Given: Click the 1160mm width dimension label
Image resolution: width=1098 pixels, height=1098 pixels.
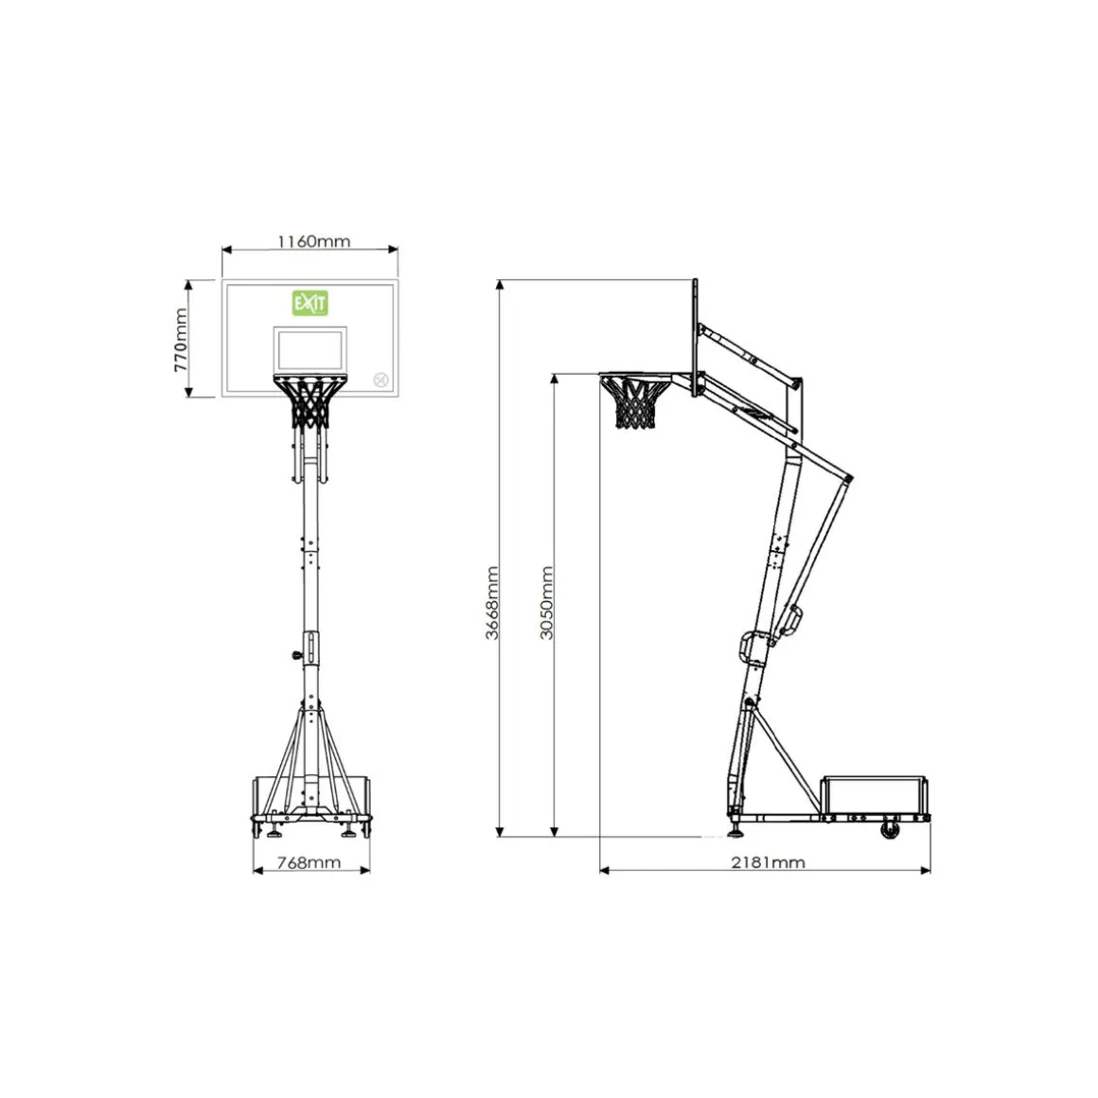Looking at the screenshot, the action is [x=313, y=242].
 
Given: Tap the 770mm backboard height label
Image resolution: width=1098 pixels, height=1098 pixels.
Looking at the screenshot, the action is [x=181, y=340].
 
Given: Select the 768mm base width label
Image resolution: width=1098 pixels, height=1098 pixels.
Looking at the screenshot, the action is [x=310, y=862].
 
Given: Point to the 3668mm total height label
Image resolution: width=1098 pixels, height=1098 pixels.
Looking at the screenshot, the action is [x=492, y=603].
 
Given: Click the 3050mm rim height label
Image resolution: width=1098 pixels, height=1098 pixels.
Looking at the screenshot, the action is [x=547, y=603].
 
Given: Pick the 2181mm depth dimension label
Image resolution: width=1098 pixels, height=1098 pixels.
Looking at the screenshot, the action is [x=769, y=862].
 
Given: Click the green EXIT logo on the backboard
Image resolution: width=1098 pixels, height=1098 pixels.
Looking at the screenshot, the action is [x=310, y=303].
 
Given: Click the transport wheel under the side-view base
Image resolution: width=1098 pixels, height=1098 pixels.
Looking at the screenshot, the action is [x=890, y=830].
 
